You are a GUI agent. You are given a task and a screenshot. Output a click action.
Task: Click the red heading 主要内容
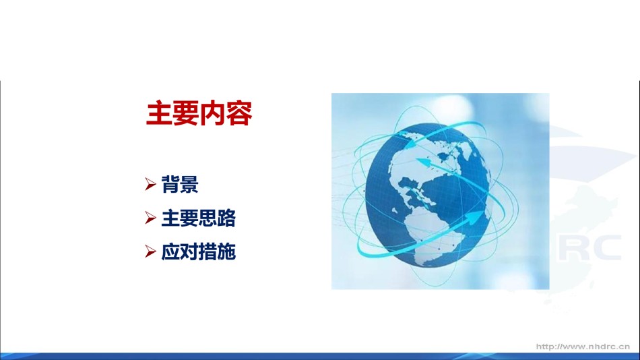(199, 113)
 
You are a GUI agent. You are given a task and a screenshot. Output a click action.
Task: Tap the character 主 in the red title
(159, 113)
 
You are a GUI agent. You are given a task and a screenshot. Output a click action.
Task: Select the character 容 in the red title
(239, 113)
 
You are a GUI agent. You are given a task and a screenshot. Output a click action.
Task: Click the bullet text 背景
(180, 184)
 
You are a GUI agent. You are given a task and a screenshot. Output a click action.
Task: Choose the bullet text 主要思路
(198, 218)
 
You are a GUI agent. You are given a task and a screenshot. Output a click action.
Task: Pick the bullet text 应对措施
(198, 251)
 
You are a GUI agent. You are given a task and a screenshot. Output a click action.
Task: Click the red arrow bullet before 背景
(150, 184)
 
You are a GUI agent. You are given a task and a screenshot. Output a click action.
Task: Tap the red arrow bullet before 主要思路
(150, 218)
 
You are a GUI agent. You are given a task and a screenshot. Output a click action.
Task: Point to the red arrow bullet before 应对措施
(150, 251)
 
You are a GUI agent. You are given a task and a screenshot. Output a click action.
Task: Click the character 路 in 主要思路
(226, 218)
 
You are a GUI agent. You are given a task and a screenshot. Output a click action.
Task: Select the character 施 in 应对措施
(226, 251)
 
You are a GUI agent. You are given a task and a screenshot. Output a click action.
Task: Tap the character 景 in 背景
(189, 184)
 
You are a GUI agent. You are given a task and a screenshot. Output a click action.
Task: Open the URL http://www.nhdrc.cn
(583, 347)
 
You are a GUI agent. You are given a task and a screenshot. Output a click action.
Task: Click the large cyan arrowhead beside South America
(474, 217)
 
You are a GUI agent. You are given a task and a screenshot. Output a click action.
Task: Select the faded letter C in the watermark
(606, 247)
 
